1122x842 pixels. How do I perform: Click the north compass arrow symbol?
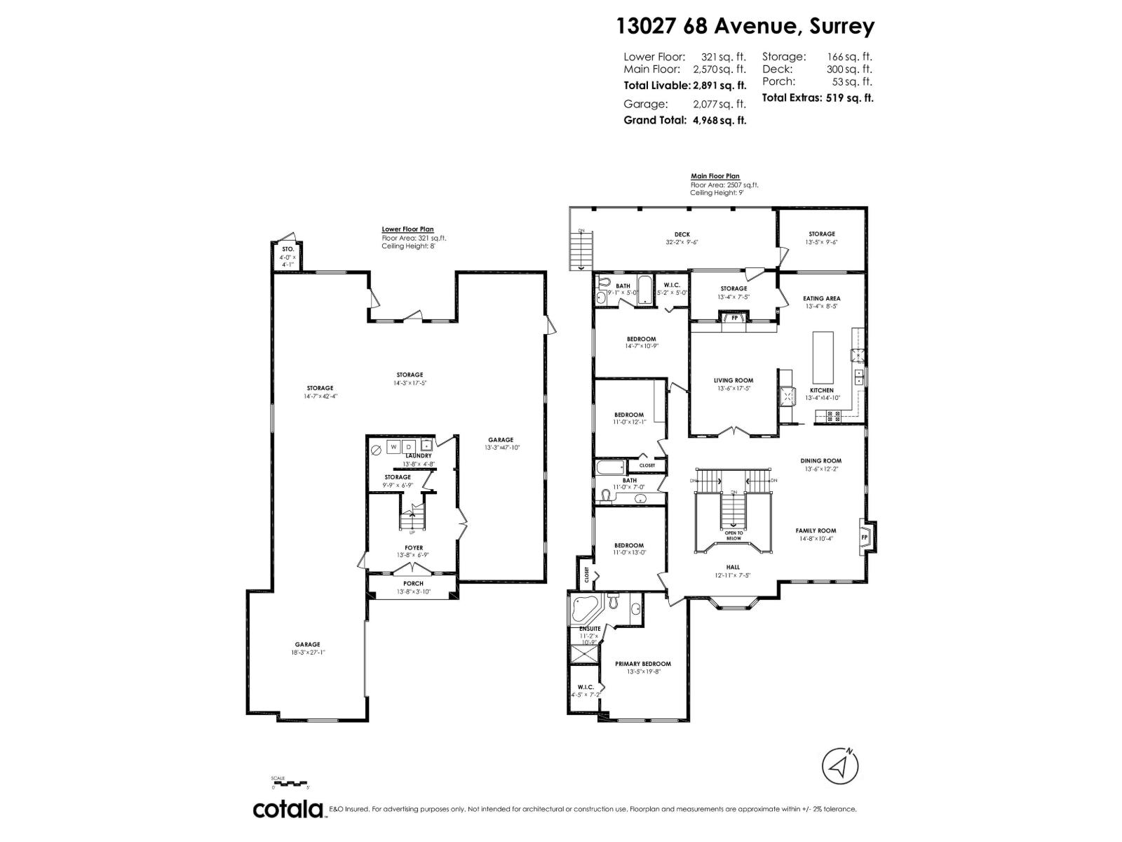pos(840,766)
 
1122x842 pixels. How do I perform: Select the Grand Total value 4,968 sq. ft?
pos(719,120)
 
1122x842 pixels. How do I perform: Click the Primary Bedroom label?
pos(642,664)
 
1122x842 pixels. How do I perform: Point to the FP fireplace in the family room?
pos(864,537)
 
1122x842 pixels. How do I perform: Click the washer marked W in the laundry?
pos(394,447)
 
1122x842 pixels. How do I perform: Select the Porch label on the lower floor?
pos(413,584)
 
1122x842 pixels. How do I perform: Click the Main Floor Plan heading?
pos(715,177)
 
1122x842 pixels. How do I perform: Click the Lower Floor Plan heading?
pos(407,229)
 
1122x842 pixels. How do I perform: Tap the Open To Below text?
pos(734,535)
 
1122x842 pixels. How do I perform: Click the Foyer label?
pos(413,548)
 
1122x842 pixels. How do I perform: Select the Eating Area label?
pos(821,298)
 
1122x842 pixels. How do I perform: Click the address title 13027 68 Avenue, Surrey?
pos(745,27)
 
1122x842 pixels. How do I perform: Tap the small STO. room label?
pos(288,249)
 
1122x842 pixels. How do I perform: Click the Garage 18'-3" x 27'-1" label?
pos(307,644)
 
